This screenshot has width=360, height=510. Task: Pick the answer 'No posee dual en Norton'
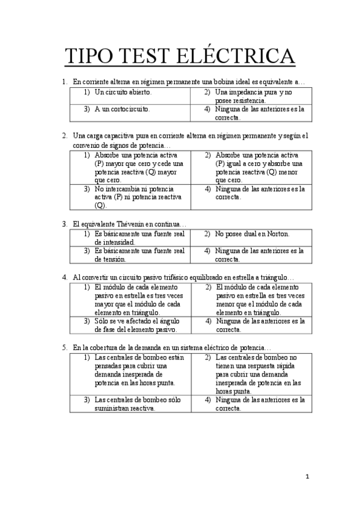(252, 233)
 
